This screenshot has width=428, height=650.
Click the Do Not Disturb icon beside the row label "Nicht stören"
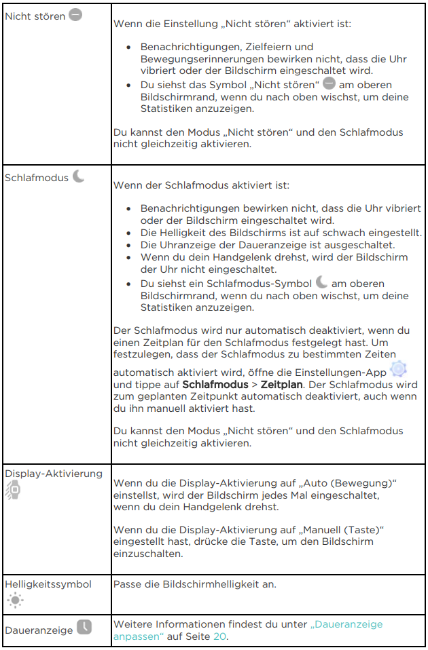click(x=75, y=15)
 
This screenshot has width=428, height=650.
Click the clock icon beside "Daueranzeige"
click(x=84, y=628)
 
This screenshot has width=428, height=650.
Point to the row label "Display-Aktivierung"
click(x=54, y=473)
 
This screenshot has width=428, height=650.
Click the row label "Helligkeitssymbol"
click(x=48, y=584)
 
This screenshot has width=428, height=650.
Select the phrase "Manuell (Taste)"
click(x=344, y=529)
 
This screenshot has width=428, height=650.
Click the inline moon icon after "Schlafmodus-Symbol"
click(x=321, y=283)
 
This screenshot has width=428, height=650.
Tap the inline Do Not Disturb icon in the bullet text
click(x=329, y=84)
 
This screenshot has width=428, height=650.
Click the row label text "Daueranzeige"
click(x=38, y=630)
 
